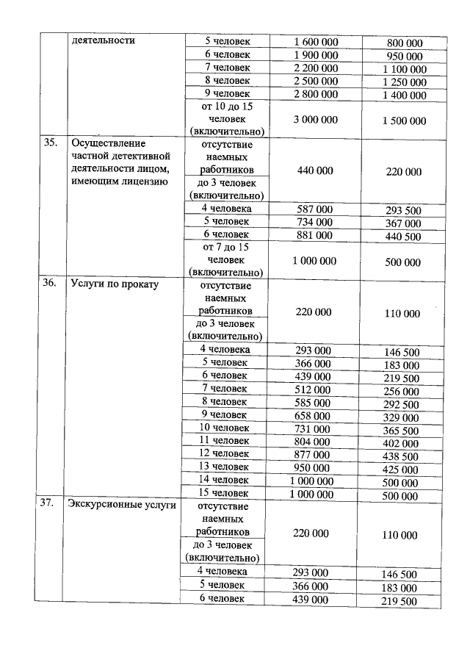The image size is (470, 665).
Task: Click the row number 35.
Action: (50, 143)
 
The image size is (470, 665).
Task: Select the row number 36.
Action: (50, 284)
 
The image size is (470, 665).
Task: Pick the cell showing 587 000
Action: (314, 209)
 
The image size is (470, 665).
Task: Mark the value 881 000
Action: (314, 236)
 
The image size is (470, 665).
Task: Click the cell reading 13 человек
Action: (225, 467)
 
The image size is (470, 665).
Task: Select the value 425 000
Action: (402, 469)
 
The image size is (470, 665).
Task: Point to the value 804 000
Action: (313, 442)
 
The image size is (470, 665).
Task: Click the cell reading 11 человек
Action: (225, 441)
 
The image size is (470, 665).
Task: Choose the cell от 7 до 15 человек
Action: (225, 260)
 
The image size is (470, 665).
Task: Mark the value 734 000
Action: (314, 223)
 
